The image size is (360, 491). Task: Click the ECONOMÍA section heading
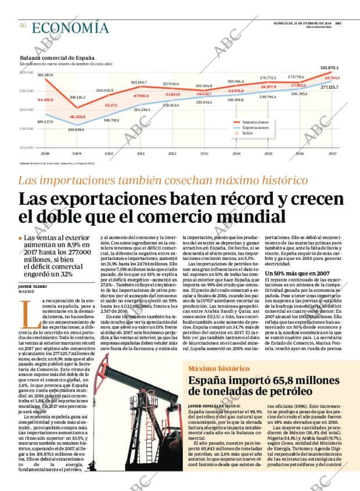pos(70,27)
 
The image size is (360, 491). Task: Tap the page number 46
pos(23,26)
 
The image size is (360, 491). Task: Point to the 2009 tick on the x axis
pos(77,153)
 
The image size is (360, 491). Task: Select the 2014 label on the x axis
pos(236,153)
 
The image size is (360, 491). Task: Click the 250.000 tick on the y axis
pos(27,91)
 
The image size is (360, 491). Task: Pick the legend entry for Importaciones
pos(255,122)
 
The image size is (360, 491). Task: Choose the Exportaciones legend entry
pos(255,128)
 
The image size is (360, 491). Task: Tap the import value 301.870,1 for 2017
pos(329,68)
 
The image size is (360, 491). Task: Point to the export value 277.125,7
pos(329,86)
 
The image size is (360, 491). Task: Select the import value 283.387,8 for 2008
pos(45,75)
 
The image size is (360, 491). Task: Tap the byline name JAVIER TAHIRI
pos(33,286)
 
